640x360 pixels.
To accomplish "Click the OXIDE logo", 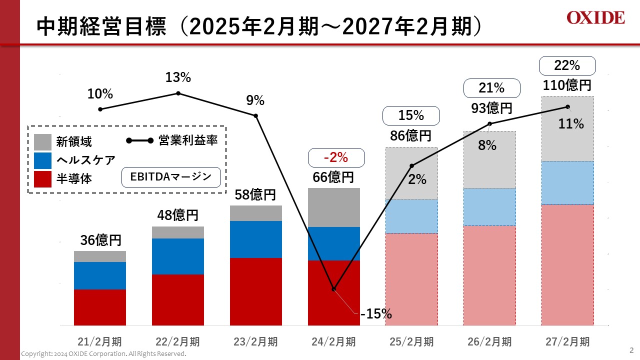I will pyautogui.click(x=595, y=18).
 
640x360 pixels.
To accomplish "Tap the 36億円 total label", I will pyautogui.click(x=100, y=240).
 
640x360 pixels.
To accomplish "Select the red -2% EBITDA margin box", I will pyautogui.click(x=335, y=157).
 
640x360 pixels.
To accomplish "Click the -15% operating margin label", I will pyautogui.click(x=375, y=314).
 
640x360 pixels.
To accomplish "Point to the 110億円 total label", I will pyautogui.click(x=567, y=85).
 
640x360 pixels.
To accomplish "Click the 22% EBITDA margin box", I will pyautogui.click(x=567, y=65).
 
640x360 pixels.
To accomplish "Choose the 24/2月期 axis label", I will pyautogui.click(x=333, y=342).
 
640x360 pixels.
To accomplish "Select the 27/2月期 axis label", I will pyautogui.click(x=567, y=342).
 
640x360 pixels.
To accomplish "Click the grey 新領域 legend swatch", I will pyautogui.click(x=42, y=141).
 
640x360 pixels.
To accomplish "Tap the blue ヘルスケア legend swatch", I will pyautogui.click(x=42, y=160).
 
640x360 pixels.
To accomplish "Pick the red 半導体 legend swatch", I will pyautogui.click(x=42, y=178).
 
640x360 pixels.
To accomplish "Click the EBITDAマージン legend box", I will pyautogui.click(x=171, y=176).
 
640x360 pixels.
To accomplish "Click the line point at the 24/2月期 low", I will pyautogui.click(x=333, y=289).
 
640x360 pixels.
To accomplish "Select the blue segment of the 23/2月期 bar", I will pyautogui.click(x=256, y=239).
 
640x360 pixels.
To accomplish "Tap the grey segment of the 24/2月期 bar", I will pyautogui.click(x=333, y=207).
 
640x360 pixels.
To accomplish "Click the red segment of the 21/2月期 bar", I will pyautogui.click(x=100, y=307).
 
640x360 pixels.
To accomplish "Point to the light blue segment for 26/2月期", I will pyautogui.click(x=489, y=207).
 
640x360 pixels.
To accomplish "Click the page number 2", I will pyautogui.click(x=630, y=349).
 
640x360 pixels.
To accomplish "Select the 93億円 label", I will pyautogui.click(x=492, y=108).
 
